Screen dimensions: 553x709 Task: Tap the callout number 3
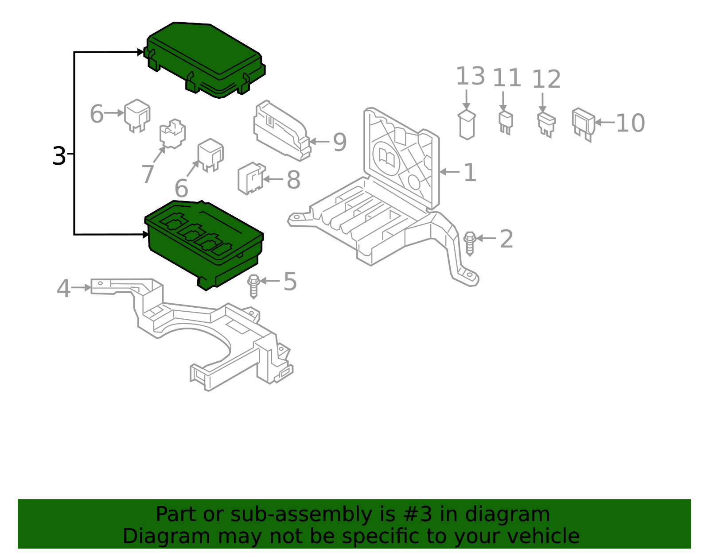(x=58, y=156)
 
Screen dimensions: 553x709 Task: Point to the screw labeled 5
(x=253, y=286)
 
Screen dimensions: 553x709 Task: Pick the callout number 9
(x=339, y=142)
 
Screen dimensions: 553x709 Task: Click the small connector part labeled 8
(x=251, y=178)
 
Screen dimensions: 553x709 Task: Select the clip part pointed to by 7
(x=172, y=133)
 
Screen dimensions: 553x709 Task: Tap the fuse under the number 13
(x=467, y=125)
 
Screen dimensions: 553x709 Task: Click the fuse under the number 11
(x=506, y=122)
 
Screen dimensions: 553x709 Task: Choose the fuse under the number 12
(x=546, y=124)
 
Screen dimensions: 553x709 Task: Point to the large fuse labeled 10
(x=583, y=124)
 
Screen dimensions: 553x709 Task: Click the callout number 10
(x=630, y=123)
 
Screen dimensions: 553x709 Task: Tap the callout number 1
(x=470, y=173)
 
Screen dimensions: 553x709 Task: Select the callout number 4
(x=63, y=289)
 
